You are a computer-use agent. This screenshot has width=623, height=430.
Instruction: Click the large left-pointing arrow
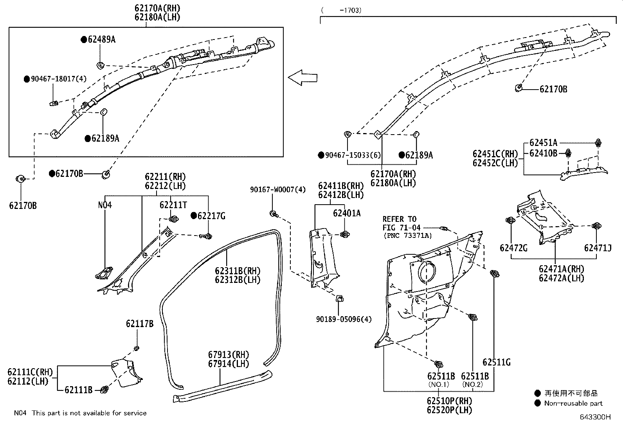[x=302, y=77]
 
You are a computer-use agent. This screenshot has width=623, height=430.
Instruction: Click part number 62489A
[x=101, y=40]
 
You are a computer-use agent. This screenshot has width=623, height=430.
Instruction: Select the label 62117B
[x=139, y=324]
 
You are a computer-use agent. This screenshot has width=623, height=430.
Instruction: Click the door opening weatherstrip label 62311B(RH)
[x=238, y=271]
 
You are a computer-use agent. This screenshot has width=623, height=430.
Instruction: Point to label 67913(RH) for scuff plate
[x=228, y=354]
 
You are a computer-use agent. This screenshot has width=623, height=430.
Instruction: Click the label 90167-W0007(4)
[x=277, y=190]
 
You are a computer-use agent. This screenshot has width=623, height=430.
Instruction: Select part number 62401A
[x=347, y=213]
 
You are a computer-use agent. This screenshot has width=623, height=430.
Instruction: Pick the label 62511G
[x=496, y=362]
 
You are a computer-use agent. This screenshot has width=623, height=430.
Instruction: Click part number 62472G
[x=513, y=248]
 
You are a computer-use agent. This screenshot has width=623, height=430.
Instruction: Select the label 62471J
[x=598, y=248]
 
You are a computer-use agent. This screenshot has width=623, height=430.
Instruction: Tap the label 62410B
[x=543, y=153]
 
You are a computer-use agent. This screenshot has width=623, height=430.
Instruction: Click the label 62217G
[x=211, y=216]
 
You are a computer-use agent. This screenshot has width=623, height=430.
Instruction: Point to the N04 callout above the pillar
[x=104, y=205]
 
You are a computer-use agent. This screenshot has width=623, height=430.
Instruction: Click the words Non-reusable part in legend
[x=573, y=403]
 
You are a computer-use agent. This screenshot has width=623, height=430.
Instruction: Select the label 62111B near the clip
[x=78, y=390]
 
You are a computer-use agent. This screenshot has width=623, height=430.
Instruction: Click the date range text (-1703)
[x=341, y=11]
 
